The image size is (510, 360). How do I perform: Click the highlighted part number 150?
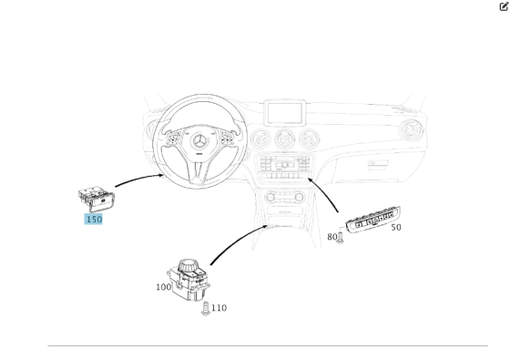click(94, 219)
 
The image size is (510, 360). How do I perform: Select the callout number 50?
click(396, 227)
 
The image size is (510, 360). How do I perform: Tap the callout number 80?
click(331, 237)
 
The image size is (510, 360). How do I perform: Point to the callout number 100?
click(164, 287)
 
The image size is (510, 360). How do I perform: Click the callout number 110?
click(219, 308)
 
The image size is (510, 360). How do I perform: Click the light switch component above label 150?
click(97, 199)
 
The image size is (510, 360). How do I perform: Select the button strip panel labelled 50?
click(373, 220)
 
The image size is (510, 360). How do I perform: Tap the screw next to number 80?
click(341, 237)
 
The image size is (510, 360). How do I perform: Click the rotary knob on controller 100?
click(188, 266)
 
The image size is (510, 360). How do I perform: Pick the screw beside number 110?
click(205, 309)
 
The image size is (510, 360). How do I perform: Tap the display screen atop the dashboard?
click(285, 113)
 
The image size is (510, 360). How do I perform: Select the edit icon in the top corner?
click(504, 6)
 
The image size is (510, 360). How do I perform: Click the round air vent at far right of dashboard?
click(411, 130)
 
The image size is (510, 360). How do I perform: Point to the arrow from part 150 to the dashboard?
click(138, 179)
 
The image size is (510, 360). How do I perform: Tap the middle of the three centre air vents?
click(285, 139)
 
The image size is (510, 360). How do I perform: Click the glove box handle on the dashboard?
click(378, 164)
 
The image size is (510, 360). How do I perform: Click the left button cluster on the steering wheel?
click(173, 139)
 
